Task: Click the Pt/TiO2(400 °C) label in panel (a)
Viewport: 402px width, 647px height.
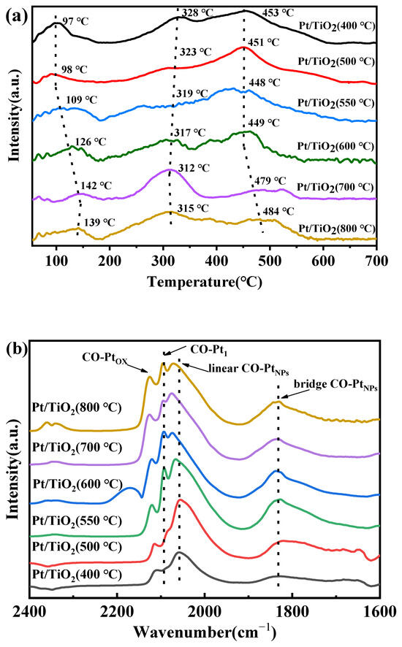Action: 337,26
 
